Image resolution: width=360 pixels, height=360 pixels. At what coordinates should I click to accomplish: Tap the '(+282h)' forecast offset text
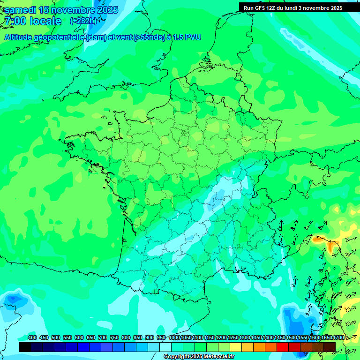(83, 21)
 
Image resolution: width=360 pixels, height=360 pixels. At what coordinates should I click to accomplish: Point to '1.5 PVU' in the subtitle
(187, 37)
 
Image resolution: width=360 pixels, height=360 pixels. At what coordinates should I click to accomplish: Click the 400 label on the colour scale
(32, 337)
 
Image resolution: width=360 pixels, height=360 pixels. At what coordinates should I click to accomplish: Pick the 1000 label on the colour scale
(174, 337)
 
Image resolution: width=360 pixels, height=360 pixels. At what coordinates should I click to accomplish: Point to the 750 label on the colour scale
(114, 337)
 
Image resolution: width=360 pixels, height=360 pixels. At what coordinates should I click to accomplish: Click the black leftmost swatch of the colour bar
(25, 347)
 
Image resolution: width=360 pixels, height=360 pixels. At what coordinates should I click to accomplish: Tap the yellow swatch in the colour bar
(236, 347)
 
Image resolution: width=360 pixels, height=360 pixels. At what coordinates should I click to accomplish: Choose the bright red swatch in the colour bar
(283, 347)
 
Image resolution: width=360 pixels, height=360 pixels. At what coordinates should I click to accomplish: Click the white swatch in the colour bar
(165, 347)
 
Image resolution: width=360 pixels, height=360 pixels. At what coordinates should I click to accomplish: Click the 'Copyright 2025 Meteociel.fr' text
(199, 357)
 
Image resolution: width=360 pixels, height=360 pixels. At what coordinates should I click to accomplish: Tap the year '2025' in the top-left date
(105, 10)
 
